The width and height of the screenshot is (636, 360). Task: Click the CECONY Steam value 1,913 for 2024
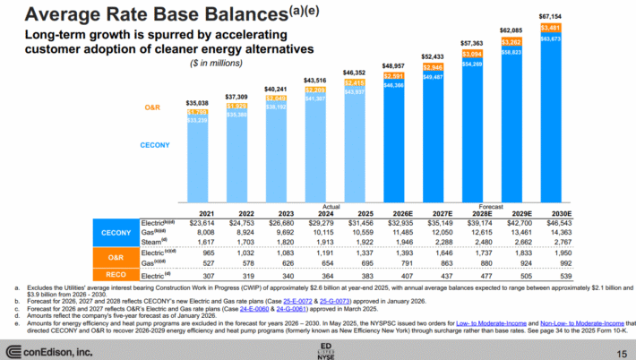320,242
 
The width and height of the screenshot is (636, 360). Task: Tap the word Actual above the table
331,204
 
